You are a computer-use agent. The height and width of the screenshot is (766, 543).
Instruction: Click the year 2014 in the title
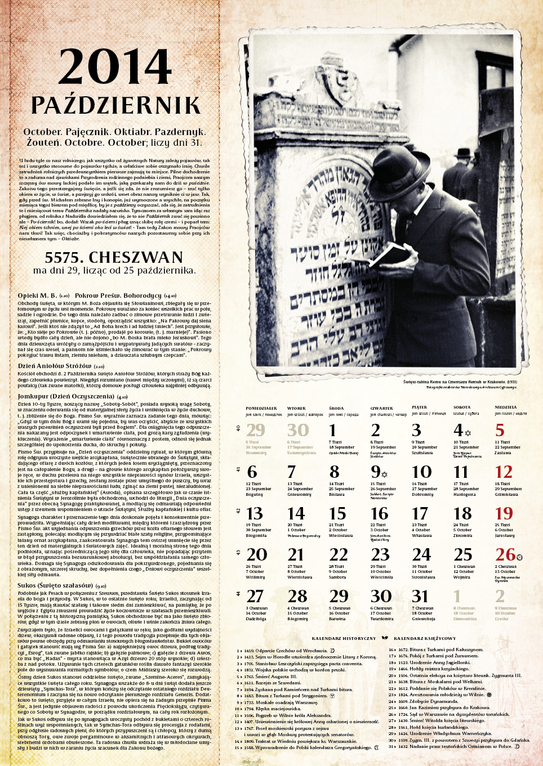point(115,67)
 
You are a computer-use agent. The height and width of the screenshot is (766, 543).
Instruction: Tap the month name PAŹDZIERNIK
point(115,105)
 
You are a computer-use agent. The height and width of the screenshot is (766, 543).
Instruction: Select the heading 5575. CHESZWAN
point(114,257)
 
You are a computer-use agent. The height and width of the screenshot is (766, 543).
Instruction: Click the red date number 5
point(500,430)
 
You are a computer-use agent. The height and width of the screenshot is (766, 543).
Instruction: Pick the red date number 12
point(504,472)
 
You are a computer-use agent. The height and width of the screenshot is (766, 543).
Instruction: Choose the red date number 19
point(504,513)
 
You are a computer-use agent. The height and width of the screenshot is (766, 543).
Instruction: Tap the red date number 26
point(505,554)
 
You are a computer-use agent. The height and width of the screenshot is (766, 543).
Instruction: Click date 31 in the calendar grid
point(420,596)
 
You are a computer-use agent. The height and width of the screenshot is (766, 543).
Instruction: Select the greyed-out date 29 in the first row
point(255,430)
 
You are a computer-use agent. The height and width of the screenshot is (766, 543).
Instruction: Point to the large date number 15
point(337,513)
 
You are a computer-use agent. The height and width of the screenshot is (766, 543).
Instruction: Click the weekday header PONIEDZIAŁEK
point(261,409)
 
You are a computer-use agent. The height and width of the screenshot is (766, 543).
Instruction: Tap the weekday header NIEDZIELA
point(505,407)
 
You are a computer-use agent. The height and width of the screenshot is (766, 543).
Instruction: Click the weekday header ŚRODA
point(337,409)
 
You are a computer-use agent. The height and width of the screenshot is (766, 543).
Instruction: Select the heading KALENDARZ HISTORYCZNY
point(344,639)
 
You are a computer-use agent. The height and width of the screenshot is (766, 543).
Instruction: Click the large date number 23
point(380,554)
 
